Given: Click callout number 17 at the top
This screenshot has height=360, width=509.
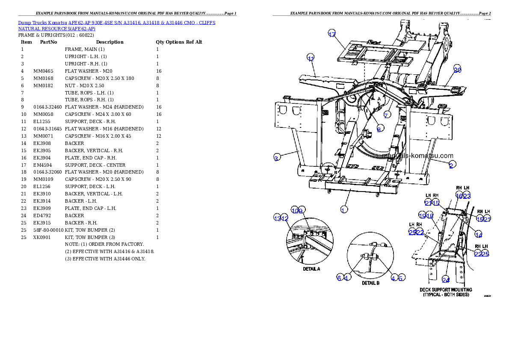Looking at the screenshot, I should click(x=332, y=35).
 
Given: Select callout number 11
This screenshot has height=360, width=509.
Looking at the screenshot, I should click(x=311, y=58).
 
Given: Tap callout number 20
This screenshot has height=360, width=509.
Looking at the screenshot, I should click(x=457, y=70).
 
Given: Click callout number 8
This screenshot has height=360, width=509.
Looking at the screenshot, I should click(x=379, y=129).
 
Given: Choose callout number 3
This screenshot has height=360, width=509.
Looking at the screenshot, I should click(x=277, y=158).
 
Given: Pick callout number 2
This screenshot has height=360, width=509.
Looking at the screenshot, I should click(x=451, y=165).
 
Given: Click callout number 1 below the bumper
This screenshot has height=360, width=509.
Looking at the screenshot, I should click(x=343, y=210).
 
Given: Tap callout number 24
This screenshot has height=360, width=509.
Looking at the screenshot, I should click(x=446, y=280).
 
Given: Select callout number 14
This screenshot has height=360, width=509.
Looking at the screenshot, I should click(x=479, y=235).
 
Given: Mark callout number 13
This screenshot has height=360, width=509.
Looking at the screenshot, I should click(x=278, y=218).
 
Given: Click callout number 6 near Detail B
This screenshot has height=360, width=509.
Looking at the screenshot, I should click(x=339, y=278).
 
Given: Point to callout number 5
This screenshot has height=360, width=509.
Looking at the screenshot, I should click(x=401, y=278).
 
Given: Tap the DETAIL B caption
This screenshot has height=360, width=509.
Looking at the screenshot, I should click(x=370, y=283).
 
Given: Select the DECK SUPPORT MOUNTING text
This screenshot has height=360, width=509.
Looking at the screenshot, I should click(x=446, y=290).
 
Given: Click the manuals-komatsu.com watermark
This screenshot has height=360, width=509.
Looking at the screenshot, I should click(x=419, y=156).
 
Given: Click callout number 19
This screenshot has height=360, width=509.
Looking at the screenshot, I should click(x=423, y=216).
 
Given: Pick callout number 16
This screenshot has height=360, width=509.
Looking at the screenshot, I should click(x=459, y=196).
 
